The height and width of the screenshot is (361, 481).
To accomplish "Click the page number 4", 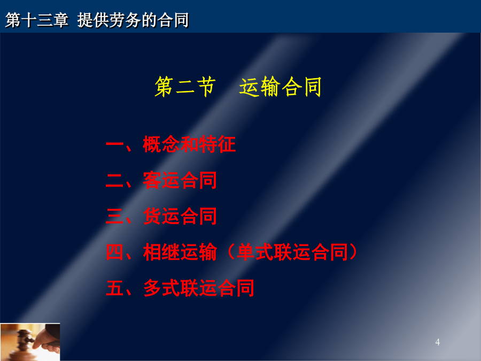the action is (x=437, y=342).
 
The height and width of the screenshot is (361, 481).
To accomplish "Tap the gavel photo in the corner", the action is (x=30, y=342).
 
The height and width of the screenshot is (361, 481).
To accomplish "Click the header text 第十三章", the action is (x=37, y=20).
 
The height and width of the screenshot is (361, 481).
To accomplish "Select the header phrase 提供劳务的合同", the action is (x=133, y=20).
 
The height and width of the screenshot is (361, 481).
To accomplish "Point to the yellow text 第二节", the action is (x=185, y=87).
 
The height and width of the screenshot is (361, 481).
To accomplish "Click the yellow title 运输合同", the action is (x=280, y=87).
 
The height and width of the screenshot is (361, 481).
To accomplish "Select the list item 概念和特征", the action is (x=189, y=144).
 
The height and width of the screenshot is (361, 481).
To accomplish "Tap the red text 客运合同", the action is (x=180, y=180).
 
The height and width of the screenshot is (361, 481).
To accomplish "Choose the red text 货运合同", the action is (x=180, y=216).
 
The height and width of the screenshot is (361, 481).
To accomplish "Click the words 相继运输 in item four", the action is (x=180, y=252).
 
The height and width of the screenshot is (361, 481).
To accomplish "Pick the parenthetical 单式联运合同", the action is (x=292, y=252).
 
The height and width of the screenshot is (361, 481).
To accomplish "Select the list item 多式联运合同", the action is (x=198, y=288).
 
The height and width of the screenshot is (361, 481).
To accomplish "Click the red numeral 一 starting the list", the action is (x=115, y=144).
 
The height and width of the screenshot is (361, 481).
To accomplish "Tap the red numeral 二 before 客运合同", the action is (x=115, y=181).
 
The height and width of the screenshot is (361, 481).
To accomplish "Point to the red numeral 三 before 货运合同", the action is (x=115, y=216).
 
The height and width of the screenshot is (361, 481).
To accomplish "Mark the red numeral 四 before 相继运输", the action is (x=115, y=252).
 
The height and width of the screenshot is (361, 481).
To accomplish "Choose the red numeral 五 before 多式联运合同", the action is (x=115, y=288).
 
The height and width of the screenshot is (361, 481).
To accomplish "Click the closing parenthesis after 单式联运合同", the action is (x=353, y=252).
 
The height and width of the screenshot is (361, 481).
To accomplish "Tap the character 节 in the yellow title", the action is (x=206, y=87).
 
